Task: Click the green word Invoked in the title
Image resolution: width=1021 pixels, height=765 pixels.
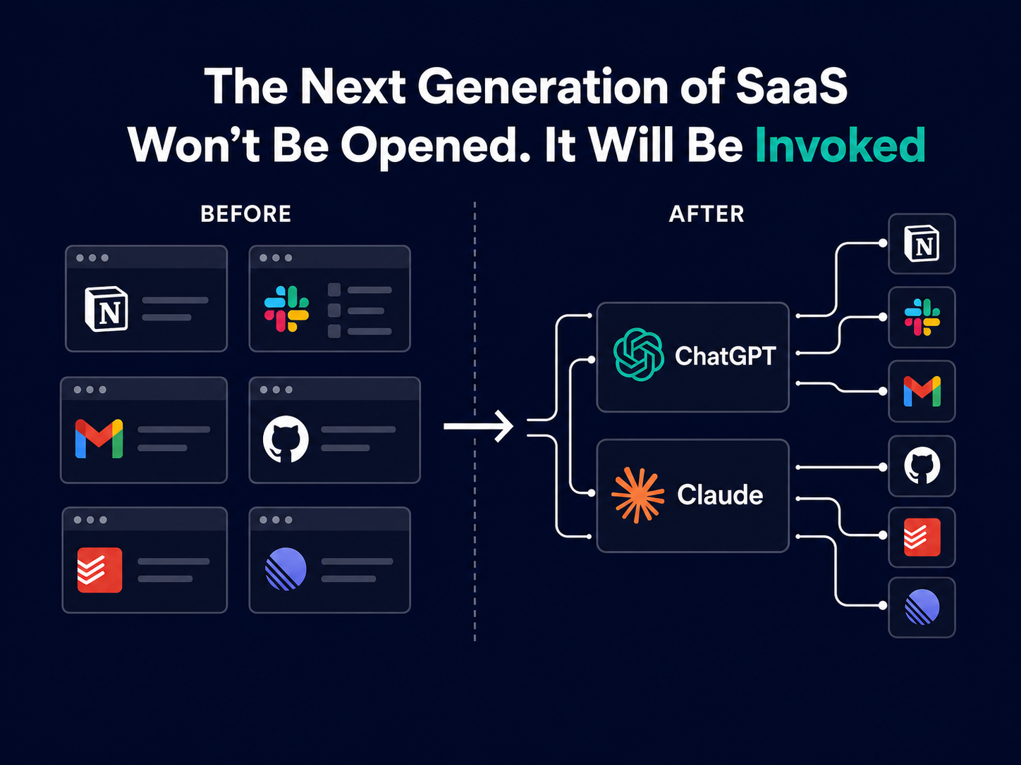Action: point(840,145)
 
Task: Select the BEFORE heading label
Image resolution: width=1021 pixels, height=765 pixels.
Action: point(245,214)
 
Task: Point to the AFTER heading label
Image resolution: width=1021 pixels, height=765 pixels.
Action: point(707,214)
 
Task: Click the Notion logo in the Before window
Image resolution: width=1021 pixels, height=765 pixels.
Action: point(106,309)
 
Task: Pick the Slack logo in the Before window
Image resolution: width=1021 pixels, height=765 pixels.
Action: point(286,309)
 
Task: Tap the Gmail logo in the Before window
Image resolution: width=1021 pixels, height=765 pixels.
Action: point(99,438)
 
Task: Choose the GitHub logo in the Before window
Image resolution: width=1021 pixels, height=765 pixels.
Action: point(286,439)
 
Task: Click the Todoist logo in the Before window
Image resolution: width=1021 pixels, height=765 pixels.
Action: point(99,570)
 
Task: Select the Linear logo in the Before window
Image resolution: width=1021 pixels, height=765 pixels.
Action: point(286,569)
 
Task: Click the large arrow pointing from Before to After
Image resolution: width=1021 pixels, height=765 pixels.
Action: point(478,426)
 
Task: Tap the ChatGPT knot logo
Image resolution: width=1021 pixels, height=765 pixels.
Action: point(639,354)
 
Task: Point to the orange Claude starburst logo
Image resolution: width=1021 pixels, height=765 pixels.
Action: point(637,495)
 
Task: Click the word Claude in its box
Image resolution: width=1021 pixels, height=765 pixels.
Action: point(720,495)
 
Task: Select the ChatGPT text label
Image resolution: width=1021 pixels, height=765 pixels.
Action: point(725,356)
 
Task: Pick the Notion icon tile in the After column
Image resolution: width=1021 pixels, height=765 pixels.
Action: point(922,244)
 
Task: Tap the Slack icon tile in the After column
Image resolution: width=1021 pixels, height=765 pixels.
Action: point(922,317)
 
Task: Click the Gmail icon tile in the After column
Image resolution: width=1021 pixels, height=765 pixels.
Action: point(922,391)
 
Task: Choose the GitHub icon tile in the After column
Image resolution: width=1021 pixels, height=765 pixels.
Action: point(922,466)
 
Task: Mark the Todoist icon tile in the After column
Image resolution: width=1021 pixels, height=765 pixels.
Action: point(922,537)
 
